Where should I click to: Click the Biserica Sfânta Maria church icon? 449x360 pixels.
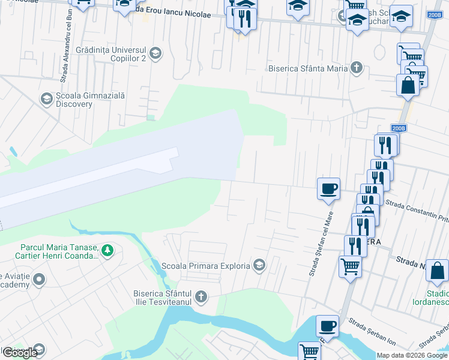(357, 68)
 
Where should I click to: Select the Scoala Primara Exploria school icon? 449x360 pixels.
(259, 265)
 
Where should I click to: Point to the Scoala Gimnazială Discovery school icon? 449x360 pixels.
(46, 98)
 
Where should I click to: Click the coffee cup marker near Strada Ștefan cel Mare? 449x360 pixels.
(328, 188)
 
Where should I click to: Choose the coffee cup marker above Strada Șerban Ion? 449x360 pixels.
(327, 326)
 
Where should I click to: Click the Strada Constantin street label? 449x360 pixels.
(417, 207)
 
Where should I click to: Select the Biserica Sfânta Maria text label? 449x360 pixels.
(308, 68)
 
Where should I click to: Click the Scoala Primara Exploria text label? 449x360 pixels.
(206, 265)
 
